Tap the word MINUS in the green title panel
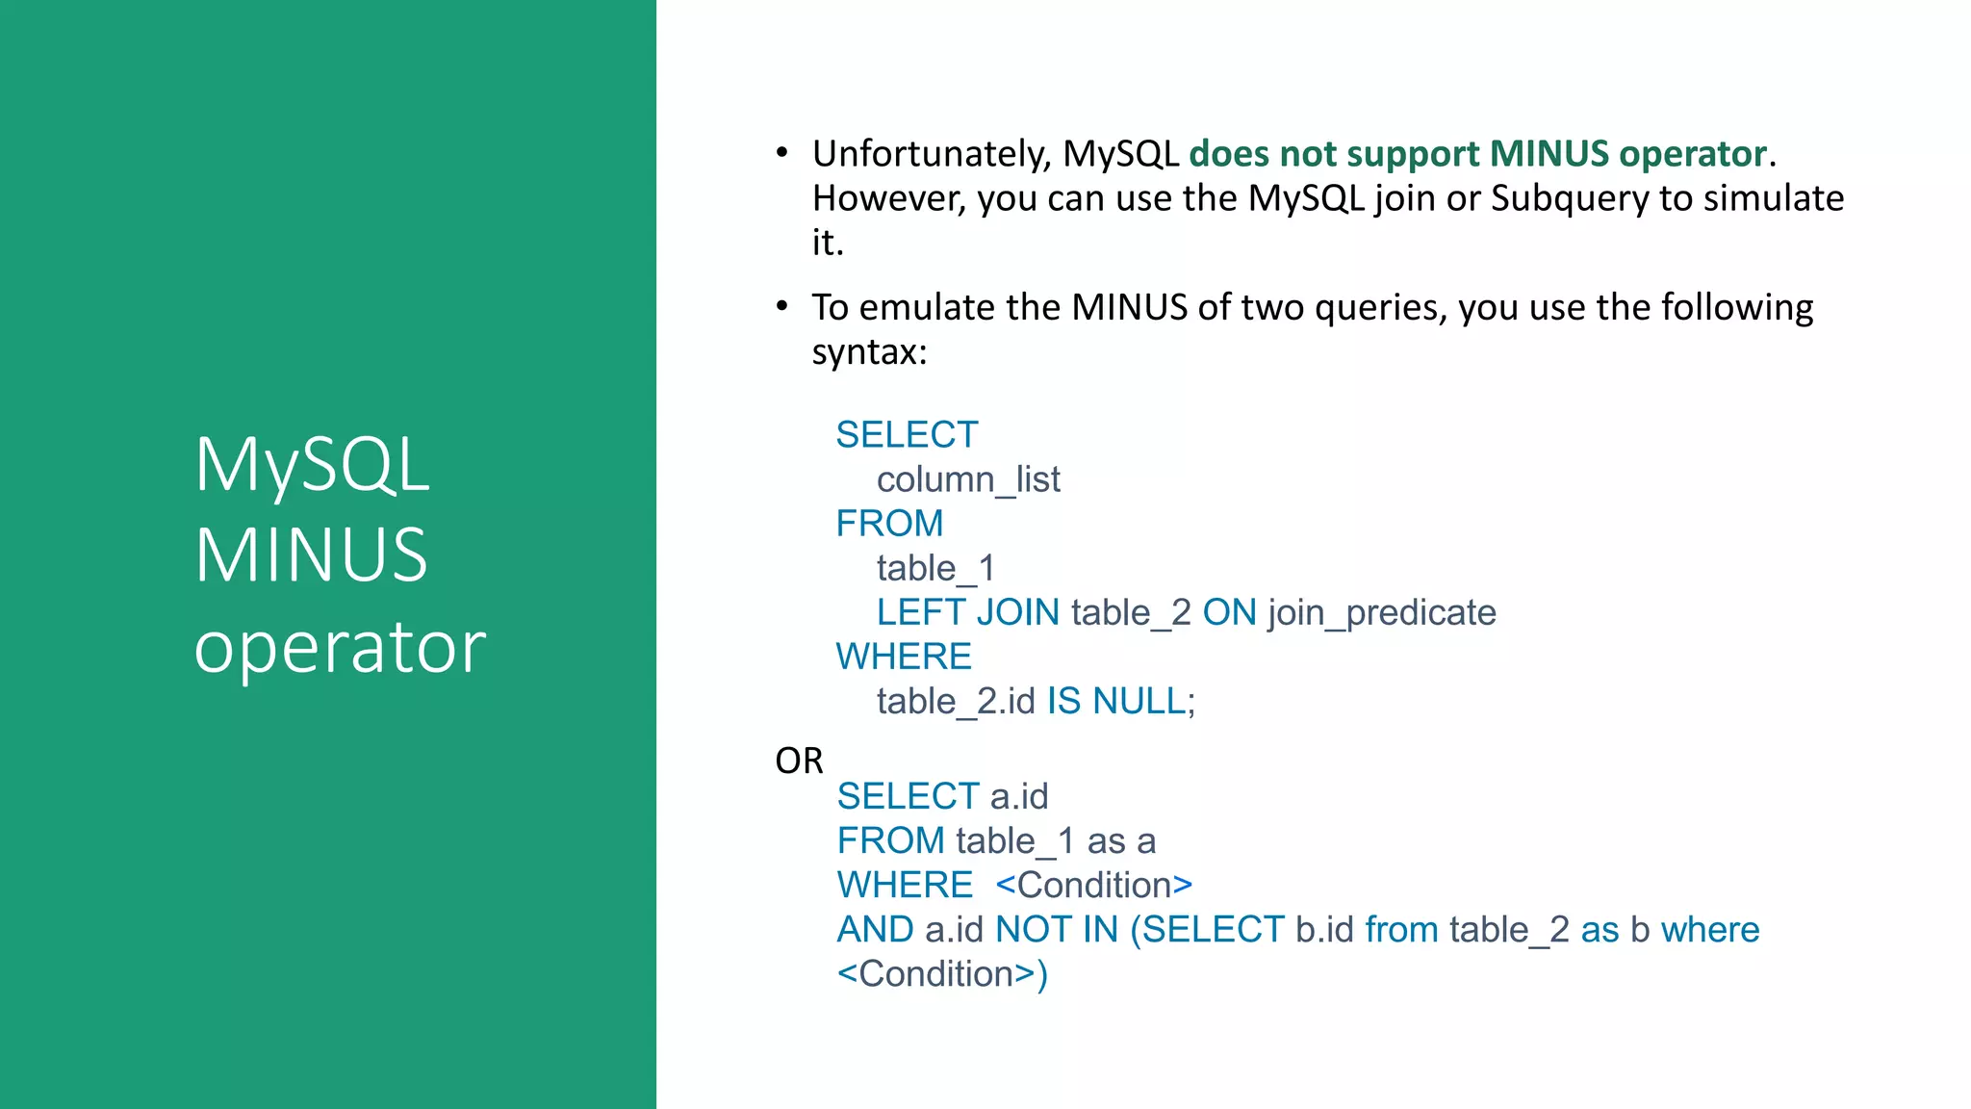(x=311, y=555)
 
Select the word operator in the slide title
(x=340, y=647)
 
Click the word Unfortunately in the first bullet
(x=932, y=155)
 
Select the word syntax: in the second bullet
(x=869, y=352)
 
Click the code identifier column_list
(x=967, y=479)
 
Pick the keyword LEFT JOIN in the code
(x=967, y=612)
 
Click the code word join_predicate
(x=1382, y=613)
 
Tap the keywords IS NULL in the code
(x=1116, y=701)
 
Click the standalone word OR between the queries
(x=799, y=761)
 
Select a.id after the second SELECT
(x=1019, y=797)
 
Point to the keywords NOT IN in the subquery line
(x=1057, y=930)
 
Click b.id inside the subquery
(x=1324, y=930)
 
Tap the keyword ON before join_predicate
(x=1229, y=612)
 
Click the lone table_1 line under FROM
(x=934, y=568)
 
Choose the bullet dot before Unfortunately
(x=782, y=153)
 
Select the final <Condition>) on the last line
(x=941, y=974)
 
